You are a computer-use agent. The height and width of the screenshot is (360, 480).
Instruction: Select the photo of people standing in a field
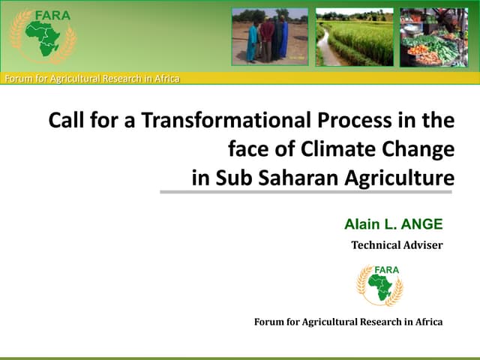269,37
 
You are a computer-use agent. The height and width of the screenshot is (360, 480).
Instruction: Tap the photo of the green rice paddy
354,37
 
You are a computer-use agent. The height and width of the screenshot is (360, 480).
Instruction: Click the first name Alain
361,223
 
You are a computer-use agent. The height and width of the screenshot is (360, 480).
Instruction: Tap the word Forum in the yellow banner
19,78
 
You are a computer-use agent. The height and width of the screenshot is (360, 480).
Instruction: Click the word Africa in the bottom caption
427,322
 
